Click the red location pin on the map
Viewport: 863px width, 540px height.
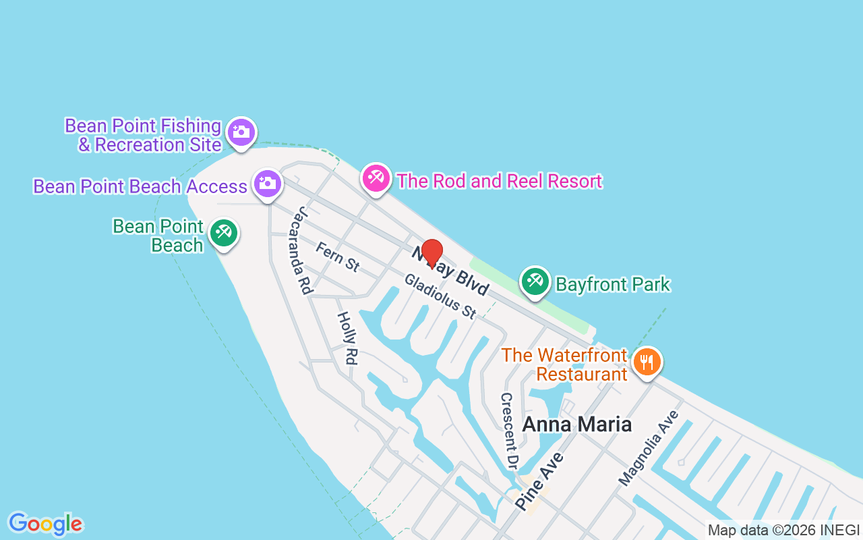pyautogui.click(x=431, y=253)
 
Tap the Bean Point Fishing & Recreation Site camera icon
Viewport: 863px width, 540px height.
pyautogui.click(x=241, y=132)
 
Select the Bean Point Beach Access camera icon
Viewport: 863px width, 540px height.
pyautogui.click(x=268, y=183)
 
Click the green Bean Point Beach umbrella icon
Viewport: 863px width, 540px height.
pyautogui.click(x=223, y=233)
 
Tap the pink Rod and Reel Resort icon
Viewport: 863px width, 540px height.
pyautogui.click(x=376, y=178)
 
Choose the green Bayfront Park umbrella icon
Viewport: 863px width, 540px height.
pyautogui.click(x=536, y=281)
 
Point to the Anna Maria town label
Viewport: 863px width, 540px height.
pyautogui.click(x=577, y=424)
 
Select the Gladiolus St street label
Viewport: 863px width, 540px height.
pyautogui.click(x=440, y=296)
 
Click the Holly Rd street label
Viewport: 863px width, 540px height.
pyautogui.click(x=346, y=337)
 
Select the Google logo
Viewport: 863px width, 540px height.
pyautogui.click(x=46, y=524)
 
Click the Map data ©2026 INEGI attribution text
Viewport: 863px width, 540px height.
pyautogui.click(x=783, y=531)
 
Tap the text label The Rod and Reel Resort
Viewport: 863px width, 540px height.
pyautogui.click(x=499, y=181)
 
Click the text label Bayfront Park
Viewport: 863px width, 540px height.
pyautogui.click(x=613, y=284)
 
